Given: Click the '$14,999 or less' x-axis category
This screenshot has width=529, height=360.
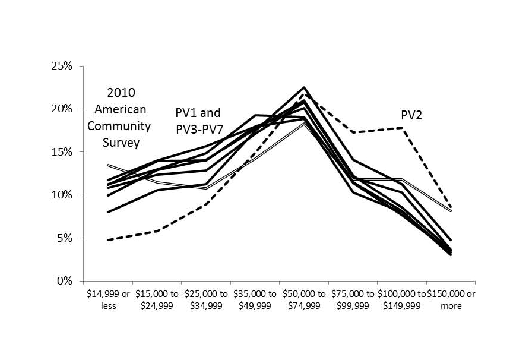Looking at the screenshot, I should point(108,300).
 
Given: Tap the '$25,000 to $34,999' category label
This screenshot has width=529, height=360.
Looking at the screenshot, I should point(206,300).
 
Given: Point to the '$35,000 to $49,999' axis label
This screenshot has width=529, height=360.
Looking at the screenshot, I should point(255,300).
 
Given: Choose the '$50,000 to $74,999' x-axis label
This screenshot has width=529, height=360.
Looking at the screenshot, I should point(304,300).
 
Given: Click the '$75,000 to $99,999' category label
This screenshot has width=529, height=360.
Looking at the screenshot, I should point(353,300).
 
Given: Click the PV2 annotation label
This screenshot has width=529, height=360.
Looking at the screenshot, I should point(411,115).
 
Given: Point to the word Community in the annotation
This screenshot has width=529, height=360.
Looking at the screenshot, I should point(123,126).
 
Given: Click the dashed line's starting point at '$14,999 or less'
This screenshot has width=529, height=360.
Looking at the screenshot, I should point(108,240).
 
